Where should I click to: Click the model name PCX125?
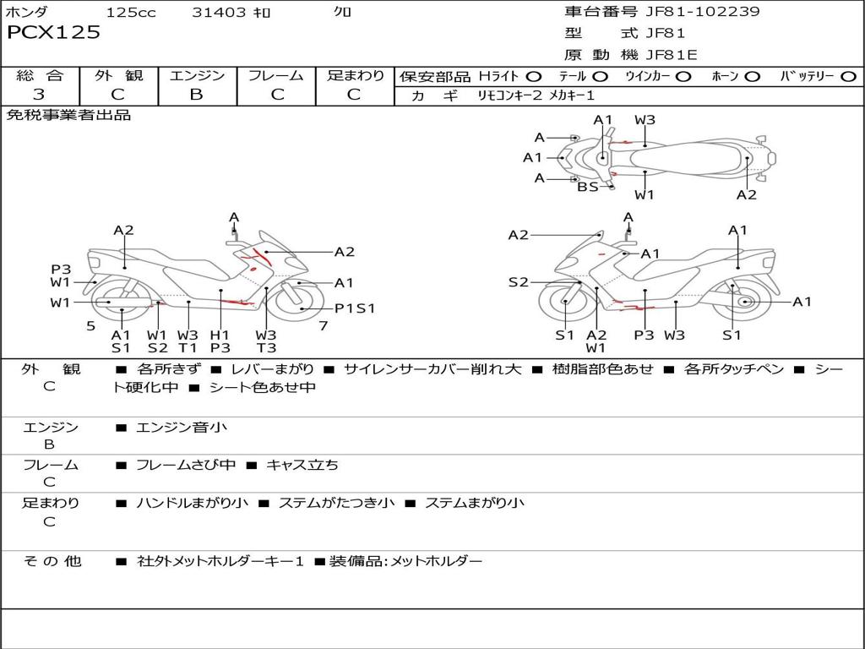click(x=53, y=33)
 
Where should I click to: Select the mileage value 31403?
click(x=219, y=13)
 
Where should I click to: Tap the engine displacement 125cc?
click(x=131, y=13)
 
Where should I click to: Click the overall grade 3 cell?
click(x=39, y=95)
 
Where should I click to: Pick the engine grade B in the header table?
click(x=197, y=95)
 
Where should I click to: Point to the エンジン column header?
click(x=197, y=76)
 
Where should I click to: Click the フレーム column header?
click(x=276, y=76)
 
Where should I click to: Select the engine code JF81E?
click(x=671, y=56)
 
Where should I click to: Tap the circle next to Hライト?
click(x=533, y=77)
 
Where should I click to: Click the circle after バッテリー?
click(x=847, y=77)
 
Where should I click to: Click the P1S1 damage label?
click(x=355, y=308)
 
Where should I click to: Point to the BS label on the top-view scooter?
click(x=587, y=187)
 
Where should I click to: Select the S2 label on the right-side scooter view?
click(x=518, y=282)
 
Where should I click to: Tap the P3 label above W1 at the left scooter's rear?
click(x=61, y=270)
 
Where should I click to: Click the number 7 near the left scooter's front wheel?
click(x=323, y=325)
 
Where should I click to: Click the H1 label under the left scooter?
click(x=220, y=335)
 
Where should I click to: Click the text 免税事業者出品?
click(x=68, y=116)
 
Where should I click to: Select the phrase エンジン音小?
click(x=182, y=428)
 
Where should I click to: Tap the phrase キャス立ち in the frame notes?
click(x=302, y=466)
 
